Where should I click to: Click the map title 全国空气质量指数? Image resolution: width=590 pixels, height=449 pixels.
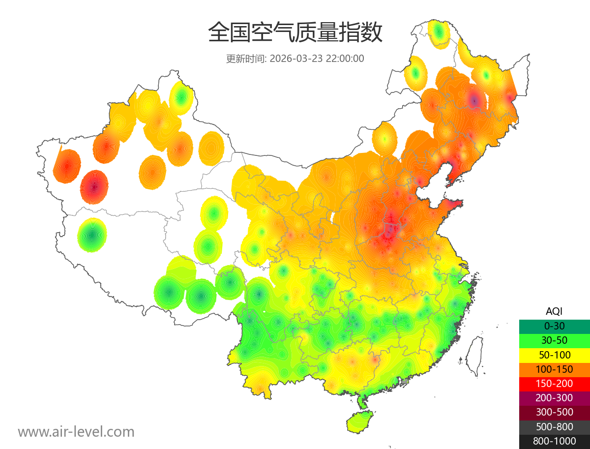[295, 32]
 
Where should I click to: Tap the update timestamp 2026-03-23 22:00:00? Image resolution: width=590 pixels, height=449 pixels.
[317, 59]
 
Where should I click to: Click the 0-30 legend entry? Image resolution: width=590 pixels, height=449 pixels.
[554, 326]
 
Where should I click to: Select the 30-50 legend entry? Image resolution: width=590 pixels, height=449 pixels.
[554, 340]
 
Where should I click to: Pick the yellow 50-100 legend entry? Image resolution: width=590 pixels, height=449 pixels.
[554, 355]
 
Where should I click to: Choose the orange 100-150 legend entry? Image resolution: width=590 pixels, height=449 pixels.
[554, 369]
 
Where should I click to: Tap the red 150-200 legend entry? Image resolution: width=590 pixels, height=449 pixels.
[554, 384]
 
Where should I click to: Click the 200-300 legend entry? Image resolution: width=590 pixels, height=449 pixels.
[554, 398]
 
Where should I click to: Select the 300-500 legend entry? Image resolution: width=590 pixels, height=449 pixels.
[554, 412]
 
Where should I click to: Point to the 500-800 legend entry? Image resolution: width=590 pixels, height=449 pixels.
[554, 427]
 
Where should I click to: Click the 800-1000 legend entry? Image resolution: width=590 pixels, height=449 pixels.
[554, 441]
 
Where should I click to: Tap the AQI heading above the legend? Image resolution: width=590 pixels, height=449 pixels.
[554, 311]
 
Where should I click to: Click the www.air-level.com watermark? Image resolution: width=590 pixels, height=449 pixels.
[76, 432]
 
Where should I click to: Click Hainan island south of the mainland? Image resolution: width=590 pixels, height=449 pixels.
[360, 422]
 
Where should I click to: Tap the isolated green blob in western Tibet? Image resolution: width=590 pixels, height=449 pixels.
[92, 235]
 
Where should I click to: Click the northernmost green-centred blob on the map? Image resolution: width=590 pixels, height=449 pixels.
[439, 33]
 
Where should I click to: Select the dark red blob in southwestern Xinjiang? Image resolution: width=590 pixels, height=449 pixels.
[94, 187]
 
